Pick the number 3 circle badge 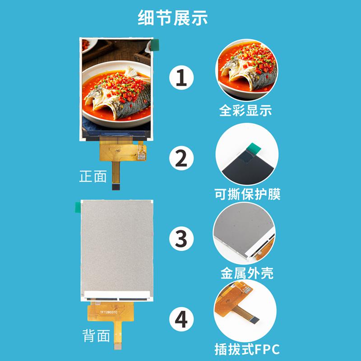181,238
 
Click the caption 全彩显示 245,111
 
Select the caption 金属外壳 246,273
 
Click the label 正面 93,176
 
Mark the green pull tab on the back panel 77,207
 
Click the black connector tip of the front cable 116,186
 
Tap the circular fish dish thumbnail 246,70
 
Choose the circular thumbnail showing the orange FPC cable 246,311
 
